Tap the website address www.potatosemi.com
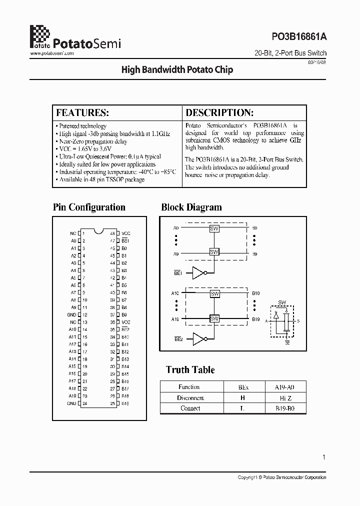click(52, 53)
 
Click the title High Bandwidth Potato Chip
click(177, 70)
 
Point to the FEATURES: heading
click(82, 112)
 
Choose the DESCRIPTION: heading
click(219, 112)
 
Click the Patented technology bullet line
click(82, 126)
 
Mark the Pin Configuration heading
click(89, 207)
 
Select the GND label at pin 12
click(72, 314)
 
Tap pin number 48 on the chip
click(113, 233)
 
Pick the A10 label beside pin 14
click(72, 329)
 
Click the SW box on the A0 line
click(214, 228)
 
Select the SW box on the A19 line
click(214, 318)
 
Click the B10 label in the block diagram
click(255, 293)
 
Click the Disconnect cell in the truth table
click(190, 398)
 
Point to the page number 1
click(324, 456)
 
